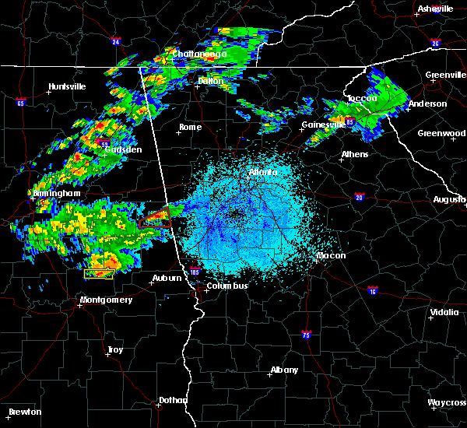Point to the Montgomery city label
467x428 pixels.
pyautogui.click(x=107, y=300)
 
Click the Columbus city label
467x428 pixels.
pyautogui.click(x=226, y=286)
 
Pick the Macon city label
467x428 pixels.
pyautogui.click(x=331, y=255)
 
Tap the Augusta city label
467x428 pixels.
pyautogui.click(x=449, y=199)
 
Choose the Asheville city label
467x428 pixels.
pyautogui.click(x=435, y=9)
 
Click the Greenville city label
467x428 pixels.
pyautogui.click(x=445, y=75)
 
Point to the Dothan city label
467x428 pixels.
pyautogui.click(x=173, y=400)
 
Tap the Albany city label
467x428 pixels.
pyautogui.click(x=283, y=370)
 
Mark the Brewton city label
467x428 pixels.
pyautogui.click(x=26, y=412)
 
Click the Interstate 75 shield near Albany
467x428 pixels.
pyautogui.click(x=306, y=335)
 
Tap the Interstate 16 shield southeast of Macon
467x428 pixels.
pyautogui.click(x=372, y=289)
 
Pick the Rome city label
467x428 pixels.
pyautogui.click(x=190, y=127)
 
